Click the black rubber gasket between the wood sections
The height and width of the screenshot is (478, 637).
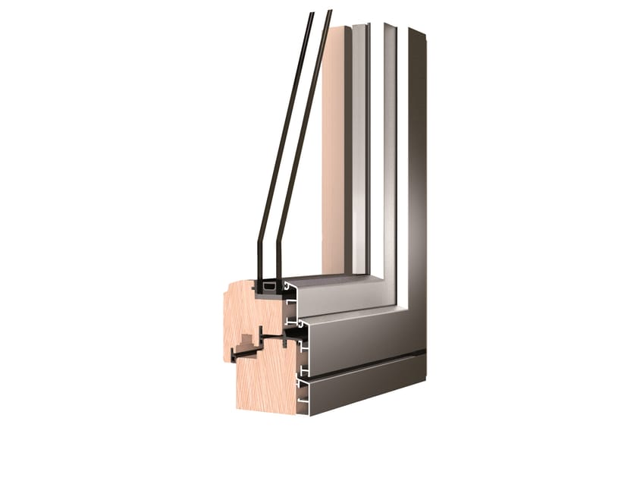258,345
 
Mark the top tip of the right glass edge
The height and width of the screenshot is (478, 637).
328,11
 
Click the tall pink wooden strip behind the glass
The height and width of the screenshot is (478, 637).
334,152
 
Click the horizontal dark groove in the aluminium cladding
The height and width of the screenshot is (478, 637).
364,366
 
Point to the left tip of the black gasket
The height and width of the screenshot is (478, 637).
232,356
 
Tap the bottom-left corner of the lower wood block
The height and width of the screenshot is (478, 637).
237,408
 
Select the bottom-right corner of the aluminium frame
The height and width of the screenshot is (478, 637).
425,384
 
